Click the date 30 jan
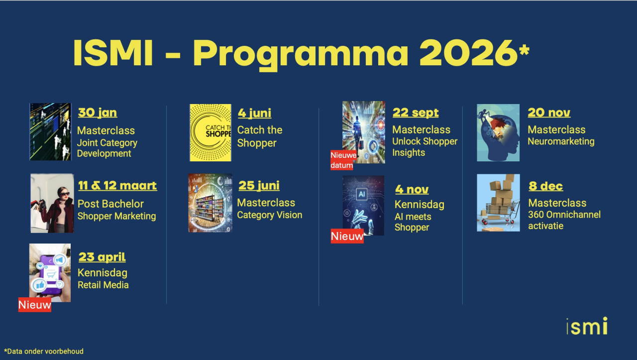point(98,113)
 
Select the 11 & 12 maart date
point(117,186)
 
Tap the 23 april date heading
point(102,257)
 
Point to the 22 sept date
point(416,113)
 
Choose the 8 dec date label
point(546,186)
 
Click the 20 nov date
point(549,113)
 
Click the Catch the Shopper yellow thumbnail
point(211,132)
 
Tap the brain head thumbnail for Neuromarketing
point(498,132)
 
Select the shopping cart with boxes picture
point(498,203)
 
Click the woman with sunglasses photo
point(52,203)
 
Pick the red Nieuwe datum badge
point(343,160)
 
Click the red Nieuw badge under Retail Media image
point(35,305)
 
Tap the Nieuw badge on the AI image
point(347,236)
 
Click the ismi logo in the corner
point(587,326)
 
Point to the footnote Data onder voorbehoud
point(44,352)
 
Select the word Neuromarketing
point(561,141)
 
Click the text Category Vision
point(270,215)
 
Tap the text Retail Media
point(103,285)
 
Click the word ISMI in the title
point(113,53)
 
